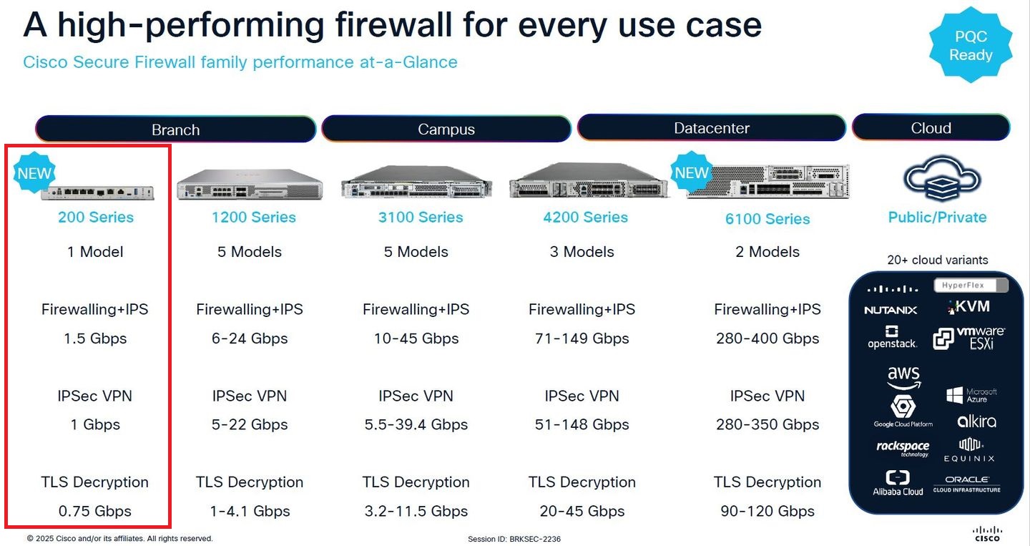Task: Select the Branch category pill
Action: pos(175,130)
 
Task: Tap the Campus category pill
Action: pos(446,129)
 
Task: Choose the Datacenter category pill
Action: pos(712,128)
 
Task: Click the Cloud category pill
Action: pos(931,128)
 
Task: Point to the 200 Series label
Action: pos(96,218)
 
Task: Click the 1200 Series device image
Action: pos(250,184)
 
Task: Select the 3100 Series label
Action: pos(421,218)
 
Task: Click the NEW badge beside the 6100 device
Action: pos(691,172)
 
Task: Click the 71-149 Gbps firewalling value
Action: pos(582,338)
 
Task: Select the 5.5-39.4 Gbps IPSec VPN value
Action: pos(416,425)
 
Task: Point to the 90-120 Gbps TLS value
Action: pos(767,512)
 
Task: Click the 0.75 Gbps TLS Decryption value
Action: pos(95,512)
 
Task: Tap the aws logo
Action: pos(903,377)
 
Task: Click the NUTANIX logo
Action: pos(891,310)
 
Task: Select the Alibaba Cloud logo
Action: pos(898,483)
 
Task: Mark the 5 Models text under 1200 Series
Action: pos(250,252)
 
